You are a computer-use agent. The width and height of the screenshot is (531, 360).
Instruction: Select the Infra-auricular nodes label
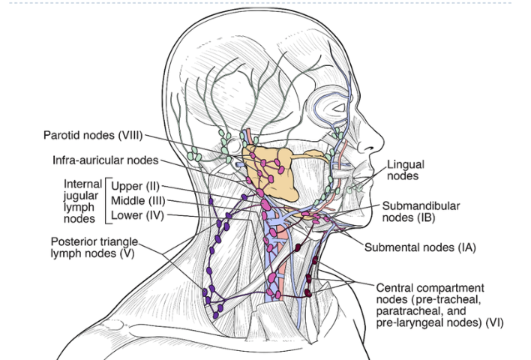(x=105, y=160)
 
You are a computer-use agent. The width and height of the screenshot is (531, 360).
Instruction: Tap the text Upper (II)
(x=135, y=186)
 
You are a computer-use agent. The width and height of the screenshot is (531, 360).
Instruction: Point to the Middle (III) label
(x=138, y=201)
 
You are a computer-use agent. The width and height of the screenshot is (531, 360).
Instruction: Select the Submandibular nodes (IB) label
(x=421, y=211)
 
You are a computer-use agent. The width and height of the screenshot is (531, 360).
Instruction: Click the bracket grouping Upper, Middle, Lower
(x=106, y=201)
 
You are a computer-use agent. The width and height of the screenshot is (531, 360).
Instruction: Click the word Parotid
(x=62, y=136)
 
